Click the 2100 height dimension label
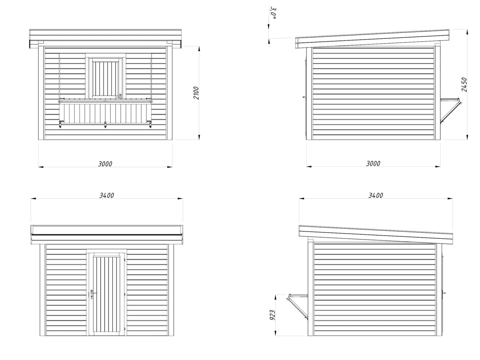click(x=196, y=93)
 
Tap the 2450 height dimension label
click(x=464, y=84)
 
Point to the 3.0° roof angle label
click(x=273, y=13)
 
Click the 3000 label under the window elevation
click(x=105, y=164)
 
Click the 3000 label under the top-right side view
click(x=373, y=163)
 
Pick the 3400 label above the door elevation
click(x=106, y=195)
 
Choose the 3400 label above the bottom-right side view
click(x=376, y=195)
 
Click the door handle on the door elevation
click(x=93, y=294)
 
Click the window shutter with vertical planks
click(x=106, y=79)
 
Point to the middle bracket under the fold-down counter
click(x=105, y=124)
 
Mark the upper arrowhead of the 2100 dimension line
click(x=199, y=49)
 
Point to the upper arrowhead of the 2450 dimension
click(x=468, y=32)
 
